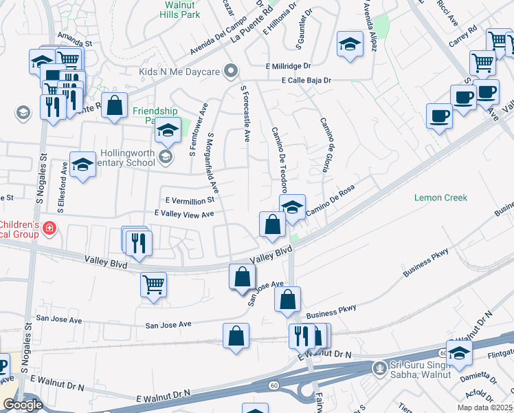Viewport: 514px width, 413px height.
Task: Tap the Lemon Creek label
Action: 440,198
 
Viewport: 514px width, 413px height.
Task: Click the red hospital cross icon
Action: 48,228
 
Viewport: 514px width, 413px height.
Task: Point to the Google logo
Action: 23,405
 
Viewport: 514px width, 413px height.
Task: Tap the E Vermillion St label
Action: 190,200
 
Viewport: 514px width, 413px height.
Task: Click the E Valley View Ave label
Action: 184,214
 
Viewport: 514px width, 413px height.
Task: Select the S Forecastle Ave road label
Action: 246,114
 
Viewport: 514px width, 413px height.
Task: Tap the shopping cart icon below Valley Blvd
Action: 153,283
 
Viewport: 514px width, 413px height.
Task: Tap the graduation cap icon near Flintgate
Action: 459,352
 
